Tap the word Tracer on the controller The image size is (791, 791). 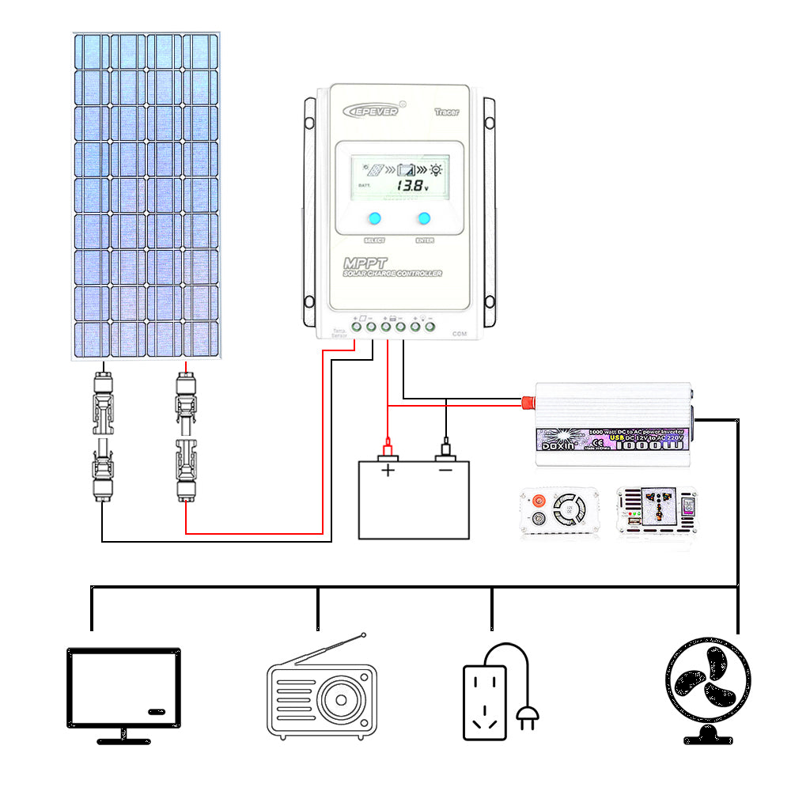447,112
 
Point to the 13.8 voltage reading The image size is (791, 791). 411,187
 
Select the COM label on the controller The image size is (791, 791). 459,334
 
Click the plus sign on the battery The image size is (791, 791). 388,471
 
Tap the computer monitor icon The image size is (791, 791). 123,687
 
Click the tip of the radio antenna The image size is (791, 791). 363,634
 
